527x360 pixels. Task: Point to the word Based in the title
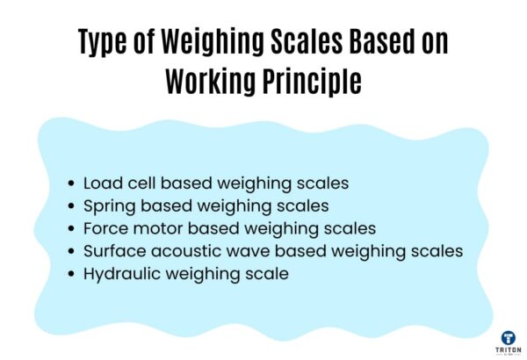tap(380, 42)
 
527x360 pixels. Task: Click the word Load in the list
tap(102, 184)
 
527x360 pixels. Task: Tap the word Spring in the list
tap(107, 207)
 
